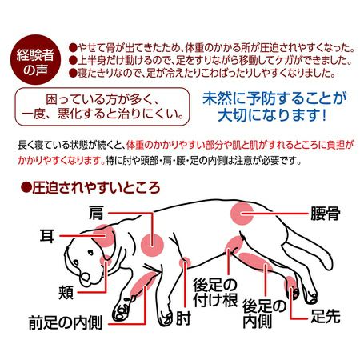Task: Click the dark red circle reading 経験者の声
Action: tap(35, 60)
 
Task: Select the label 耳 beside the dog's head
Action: tap(47, 235)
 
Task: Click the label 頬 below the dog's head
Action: tap(66, 292)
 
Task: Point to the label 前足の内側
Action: tap(66, 323)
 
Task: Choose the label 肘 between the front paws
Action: tap(183, 318)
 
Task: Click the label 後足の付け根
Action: tap(215, 292)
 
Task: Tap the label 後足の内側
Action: tap(264, 314)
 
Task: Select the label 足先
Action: tap(326, 316)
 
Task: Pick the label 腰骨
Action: tap(326, 214)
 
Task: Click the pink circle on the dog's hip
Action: tap(242, 214)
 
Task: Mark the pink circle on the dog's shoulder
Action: tap(152, 245)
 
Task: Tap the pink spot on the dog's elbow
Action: tap(185, 263)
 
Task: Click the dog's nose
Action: tap(86, 277)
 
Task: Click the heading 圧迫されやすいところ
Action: tap(90, 188)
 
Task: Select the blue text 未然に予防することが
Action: tap(274, 98)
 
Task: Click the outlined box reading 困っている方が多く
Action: tap(102, 106)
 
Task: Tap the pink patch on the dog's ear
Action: tap(104, 236)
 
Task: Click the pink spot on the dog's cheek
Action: tap(106, 260)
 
